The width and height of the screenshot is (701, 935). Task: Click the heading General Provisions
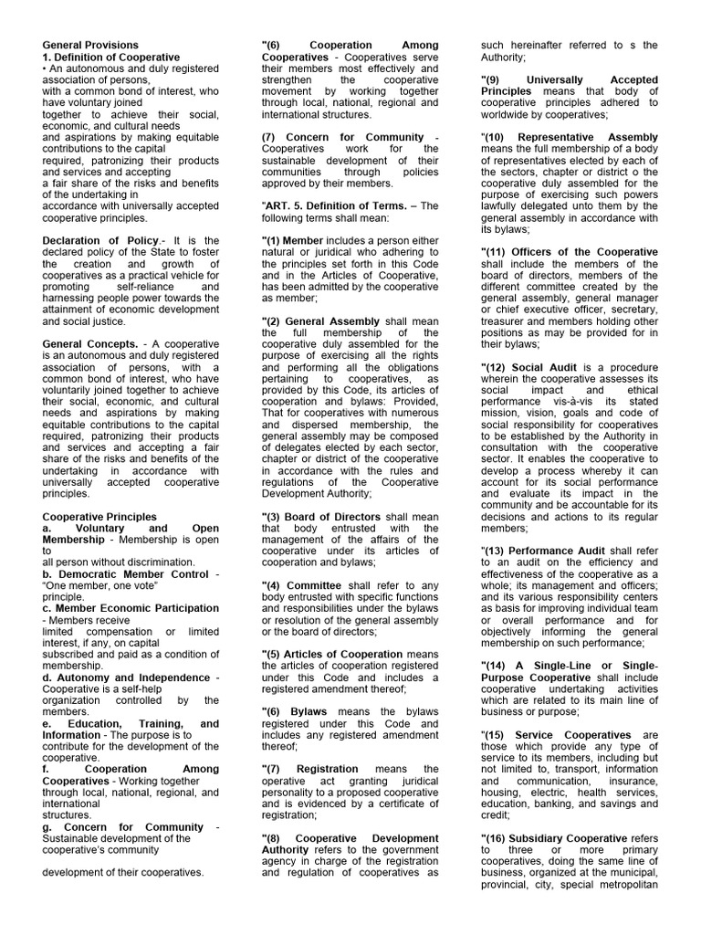[x=91, y=45]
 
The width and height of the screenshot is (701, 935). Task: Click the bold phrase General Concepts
[x=89, y=343]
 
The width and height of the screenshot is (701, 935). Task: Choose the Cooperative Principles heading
[x=100, y=517]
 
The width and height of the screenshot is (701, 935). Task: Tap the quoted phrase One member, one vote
[x=101, y=585]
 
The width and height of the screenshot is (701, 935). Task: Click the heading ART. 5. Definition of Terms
[x=333, y=206]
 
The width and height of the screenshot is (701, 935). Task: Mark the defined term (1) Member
[x=292, y=240]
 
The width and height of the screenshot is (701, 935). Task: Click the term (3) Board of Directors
[x=323, y=517]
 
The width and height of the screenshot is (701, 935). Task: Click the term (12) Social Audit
[x=529, y=366]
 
